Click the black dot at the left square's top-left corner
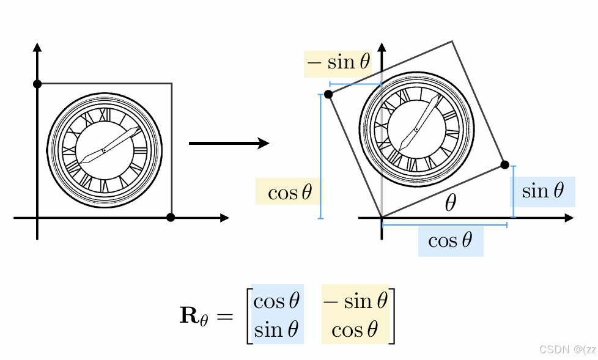click(37, 84)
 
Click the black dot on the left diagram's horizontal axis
click(171, 217)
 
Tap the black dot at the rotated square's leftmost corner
click(328, 94)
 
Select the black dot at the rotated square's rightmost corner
click(504, 164)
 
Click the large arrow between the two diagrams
click(229, 143)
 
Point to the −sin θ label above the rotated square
click(338, 63)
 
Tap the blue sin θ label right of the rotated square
click(542, 191)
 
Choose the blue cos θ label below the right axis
click(451, 241)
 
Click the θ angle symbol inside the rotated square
click(450, 204)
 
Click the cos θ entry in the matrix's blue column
click(277, 301)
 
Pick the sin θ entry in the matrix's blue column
click(277, 330)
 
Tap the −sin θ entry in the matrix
click(355, 301)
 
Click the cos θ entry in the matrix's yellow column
click(355, 330)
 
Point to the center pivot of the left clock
click(104, 150)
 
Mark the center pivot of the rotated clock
click(416, 128)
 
